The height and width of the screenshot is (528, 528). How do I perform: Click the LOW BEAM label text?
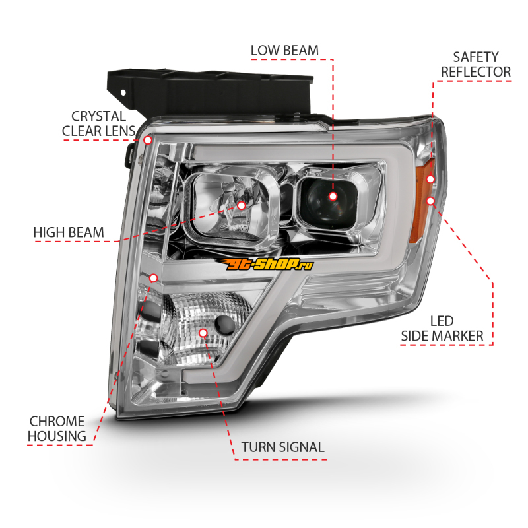tap(284, 51)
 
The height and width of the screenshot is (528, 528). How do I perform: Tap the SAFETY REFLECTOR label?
tap(475, 65)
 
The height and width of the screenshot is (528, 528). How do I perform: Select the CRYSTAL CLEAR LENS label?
tap(98, 123)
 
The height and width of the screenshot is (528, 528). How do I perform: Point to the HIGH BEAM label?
tap(69, 233)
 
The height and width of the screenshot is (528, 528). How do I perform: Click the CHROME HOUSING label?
tap(57, 428)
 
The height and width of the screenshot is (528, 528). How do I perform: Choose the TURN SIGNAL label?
tap(283, 447)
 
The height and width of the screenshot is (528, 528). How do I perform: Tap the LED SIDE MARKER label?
tap(442, 328)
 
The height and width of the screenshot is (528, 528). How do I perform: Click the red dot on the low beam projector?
tap(333, 196)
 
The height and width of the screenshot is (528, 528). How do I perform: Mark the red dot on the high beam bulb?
tap(242, 205)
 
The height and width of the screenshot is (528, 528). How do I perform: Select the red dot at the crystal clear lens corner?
tap(148, 140)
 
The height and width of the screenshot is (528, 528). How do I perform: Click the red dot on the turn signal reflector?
tap(203, 333)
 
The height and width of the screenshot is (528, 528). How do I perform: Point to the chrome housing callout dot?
tap(154, 278)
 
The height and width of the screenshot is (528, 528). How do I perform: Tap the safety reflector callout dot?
tap(430, 179)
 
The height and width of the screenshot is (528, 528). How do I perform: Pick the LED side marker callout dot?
tap(431, 201)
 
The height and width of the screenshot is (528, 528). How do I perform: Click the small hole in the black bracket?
tap(123, 92)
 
